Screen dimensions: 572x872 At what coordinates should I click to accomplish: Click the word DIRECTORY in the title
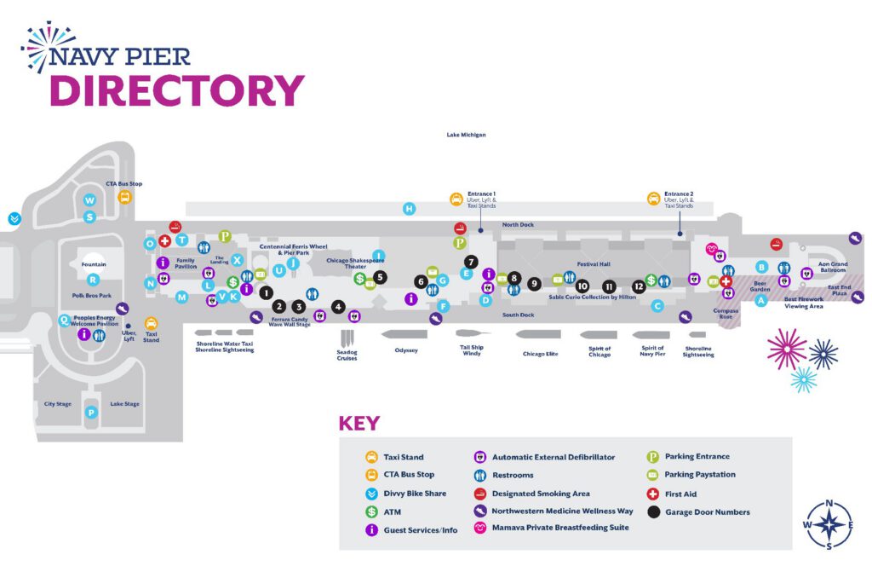(x=176, y=91)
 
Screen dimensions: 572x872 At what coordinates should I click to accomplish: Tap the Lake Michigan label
(x=467, y=135)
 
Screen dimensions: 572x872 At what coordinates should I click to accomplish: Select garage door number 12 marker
(x=639, y=286)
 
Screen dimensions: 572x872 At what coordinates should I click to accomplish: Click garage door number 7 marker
(x=471, y=262)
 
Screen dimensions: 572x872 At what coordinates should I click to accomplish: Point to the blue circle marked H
(x=410, y=209)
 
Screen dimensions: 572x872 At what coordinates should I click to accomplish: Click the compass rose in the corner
(x=829, y=524)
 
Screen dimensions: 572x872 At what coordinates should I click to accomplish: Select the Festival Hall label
(x=594, y=264)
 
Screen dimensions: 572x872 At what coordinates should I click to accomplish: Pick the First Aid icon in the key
(x=653, y=494)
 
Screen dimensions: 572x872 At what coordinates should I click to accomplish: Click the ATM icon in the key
(x=371, y=512)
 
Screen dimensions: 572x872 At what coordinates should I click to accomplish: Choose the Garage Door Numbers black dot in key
(x=653, y=512)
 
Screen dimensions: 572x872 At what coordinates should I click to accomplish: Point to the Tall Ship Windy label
(x=472, y=350)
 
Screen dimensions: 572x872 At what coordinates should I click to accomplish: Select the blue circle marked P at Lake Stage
(x=91, y=413)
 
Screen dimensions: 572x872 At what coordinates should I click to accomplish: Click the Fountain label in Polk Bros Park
(x=94, y=264)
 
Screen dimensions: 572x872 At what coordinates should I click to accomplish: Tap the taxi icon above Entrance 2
(x=653, y=199)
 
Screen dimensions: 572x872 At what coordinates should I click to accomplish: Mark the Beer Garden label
(x=761, y=286)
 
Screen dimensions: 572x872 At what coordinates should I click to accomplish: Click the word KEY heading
(x=359, y=424)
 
